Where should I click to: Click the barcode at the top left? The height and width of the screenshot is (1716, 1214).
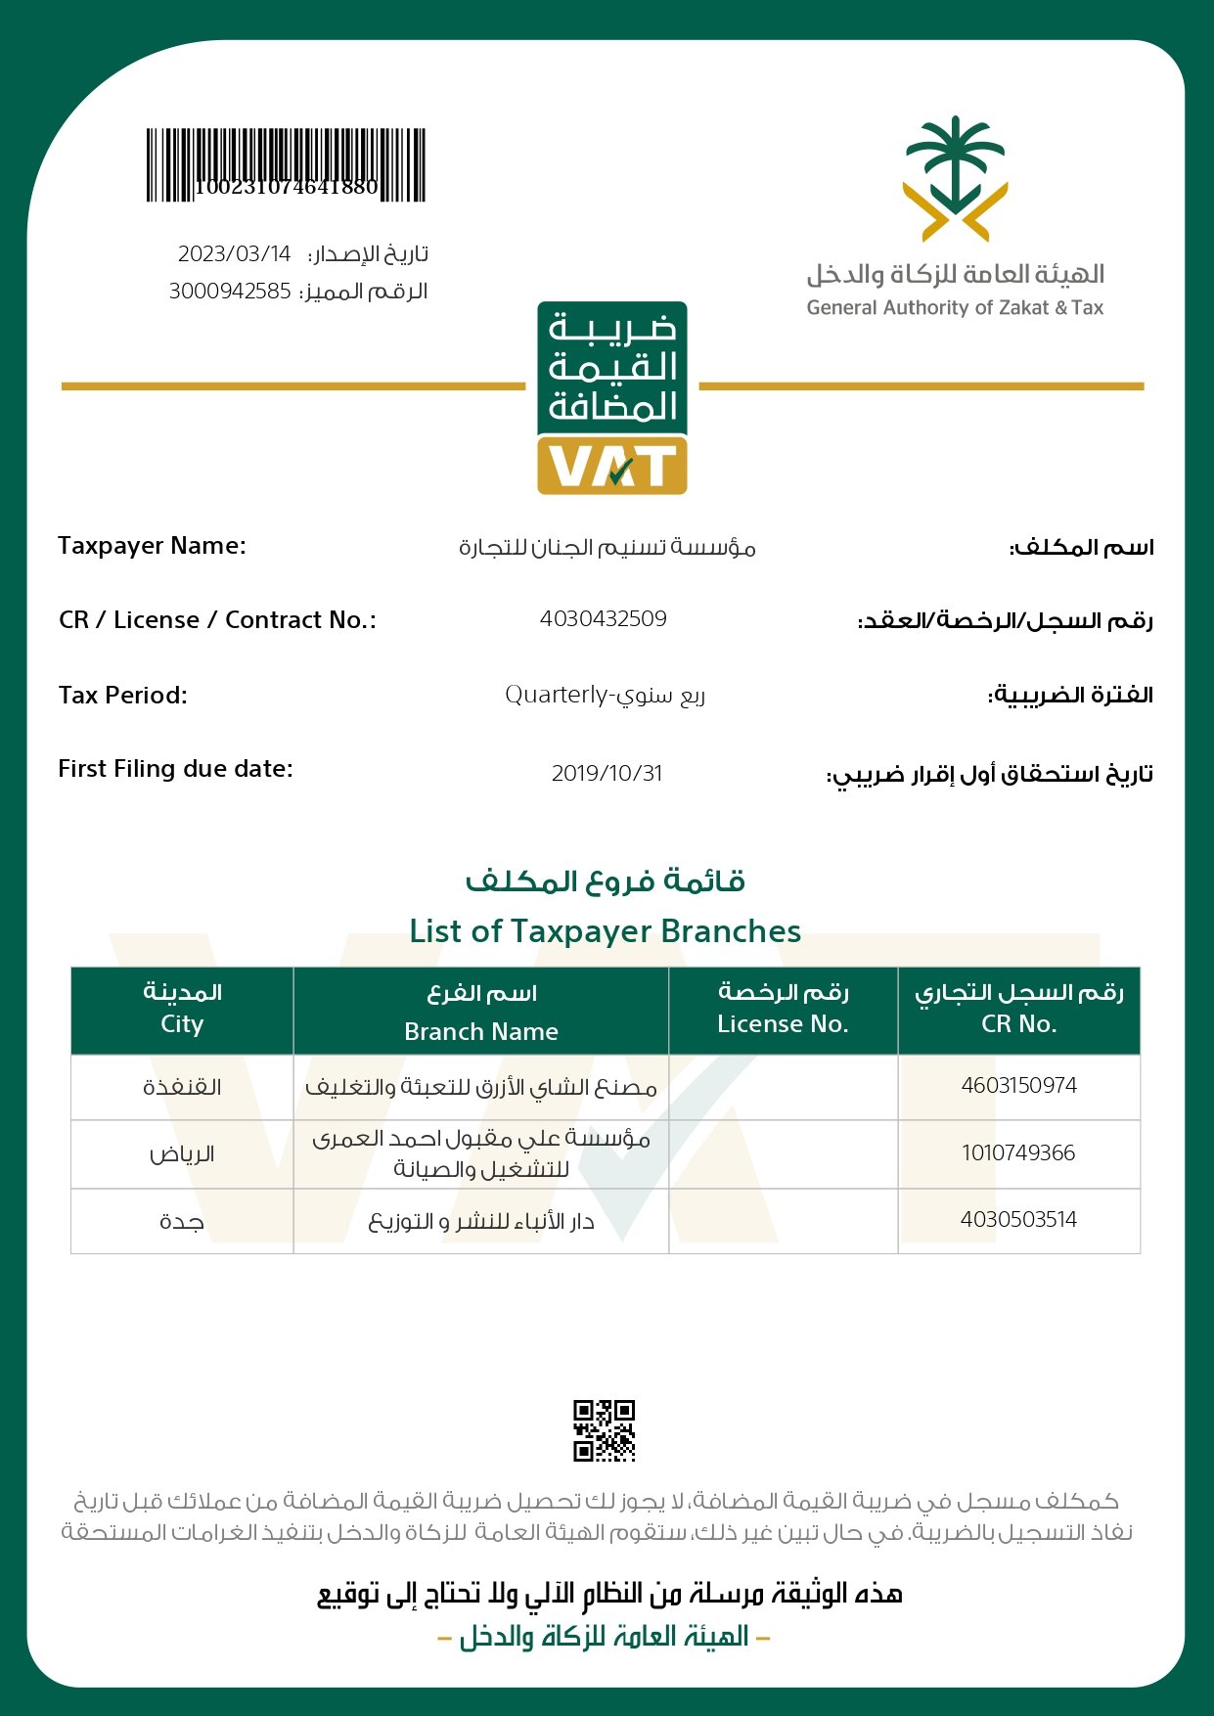click(x=286, y=164)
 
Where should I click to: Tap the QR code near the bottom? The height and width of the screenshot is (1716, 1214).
click(x=604, y=1430)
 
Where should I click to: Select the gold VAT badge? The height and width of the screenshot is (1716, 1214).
click(x=612, y=466)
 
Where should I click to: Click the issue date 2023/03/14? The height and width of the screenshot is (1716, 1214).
click(x=235, y=254)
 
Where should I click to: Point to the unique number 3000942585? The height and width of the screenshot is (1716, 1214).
click(x=230, y=292)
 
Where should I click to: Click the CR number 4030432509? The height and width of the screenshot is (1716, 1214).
click(x=604, y=618)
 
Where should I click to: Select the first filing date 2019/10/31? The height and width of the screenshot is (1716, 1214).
click(x=607, y=773)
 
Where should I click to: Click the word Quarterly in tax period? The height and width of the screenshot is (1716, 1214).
click(x=556, y=695)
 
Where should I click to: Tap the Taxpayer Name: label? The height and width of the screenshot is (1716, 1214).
click(x=152, y=546)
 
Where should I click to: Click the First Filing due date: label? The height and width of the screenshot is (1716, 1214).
click(x=175, y=769)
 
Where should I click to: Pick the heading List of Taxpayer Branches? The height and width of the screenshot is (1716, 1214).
click(x=606, y=931)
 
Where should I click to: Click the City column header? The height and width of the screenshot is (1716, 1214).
click(x=182, y=1023)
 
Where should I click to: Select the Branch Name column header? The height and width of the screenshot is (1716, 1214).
click(x=481, y=1031)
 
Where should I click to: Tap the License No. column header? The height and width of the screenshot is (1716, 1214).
click(x=783, y=1023)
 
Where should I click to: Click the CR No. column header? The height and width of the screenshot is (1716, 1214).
click(x=1019, y=1023)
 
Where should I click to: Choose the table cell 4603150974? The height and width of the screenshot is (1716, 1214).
click(x=1018, y=1085)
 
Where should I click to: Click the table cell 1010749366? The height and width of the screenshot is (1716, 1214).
click(x=1018, y=1152)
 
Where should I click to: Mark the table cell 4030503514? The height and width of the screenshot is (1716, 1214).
click(x=1018, y=1219)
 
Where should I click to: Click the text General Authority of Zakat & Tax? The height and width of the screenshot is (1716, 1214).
click(x=955, y=307)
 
